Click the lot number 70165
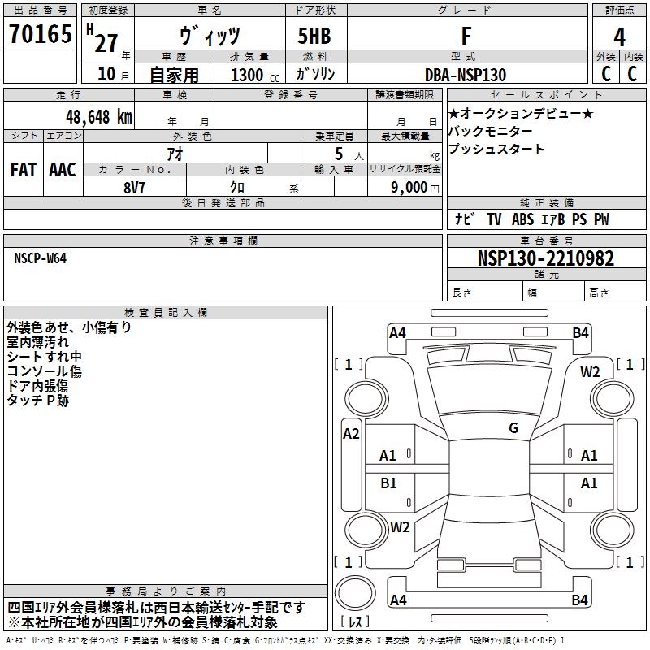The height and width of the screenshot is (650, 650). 41,33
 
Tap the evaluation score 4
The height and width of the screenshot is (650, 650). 619,37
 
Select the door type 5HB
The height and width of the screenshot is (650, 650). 314,36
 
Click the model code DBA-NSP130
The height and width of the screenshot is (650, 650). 466,75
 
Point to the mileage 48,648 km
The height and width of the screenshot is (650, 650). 99,117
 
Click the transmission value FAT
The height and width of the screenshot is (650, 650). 24,170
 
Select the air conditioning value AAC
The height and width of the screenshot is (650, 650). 63,170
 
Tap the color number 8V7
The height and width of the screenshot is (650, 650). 134,188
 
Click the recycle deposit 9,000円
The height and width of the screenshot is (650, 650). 415,188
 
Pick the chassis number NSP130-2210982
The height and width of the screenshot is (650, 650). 546,258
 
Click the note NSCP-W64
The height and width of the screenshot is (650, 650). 40,258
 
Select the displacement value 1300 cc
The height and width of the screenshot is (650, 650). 255,75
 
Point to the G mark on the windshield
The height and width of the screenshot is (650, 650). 513,427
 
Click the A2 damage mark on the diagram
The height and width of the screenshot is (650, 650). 351,434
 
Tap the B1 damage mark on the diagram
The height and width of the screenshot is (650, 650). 388,483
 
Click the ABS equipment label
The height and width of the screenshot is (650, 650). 522,219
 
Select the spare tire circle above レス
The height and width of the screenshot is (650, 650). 355,592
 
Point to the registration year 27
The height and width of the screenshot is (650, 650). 106,43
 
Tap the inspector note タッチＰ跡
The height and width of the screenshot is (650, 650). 37,401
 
